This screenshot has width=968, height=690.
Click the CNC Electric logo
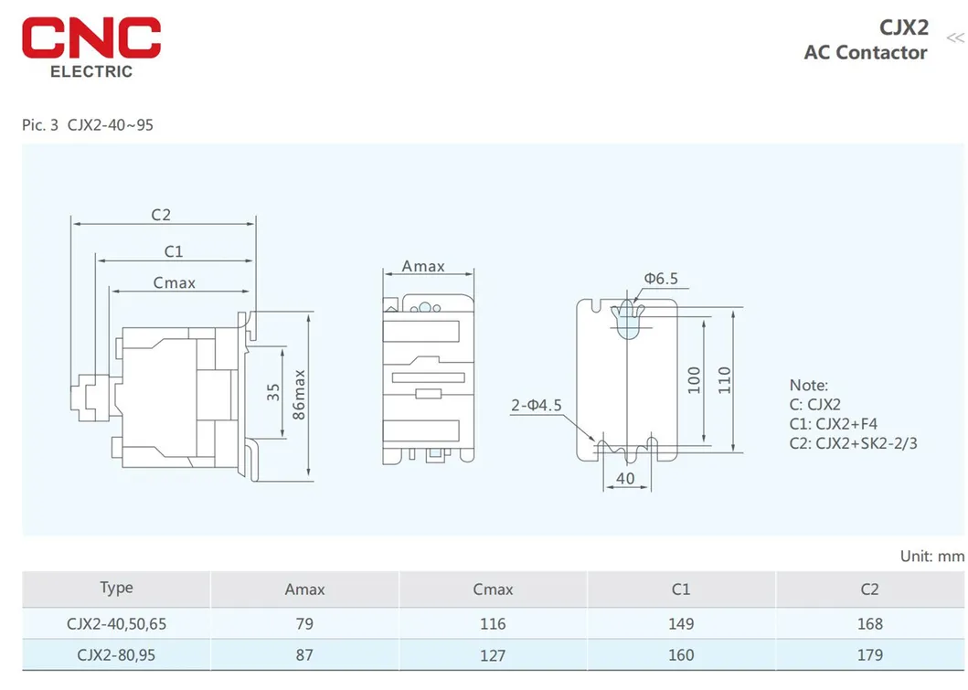(x=91, y=46)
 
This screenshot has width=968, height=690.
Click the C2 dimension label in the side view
(x=161, y=216)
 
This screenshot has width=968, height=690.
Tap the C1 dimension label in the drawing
(x=173, y=251)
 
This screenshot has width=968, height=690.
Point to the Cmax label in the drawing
(x=174, y=283)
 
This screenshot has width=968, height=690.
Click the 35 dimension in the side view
(x=273, y=392)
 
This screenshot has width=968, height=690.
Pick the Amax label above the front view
(x=423, y=267)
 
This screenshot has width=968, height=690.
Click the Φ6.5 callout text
(x=661, y=279)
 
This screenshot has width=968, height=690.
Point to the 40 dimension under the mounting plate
(x=625, y=478)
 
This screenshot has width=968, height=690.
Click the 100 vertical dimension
(x=694, y=378)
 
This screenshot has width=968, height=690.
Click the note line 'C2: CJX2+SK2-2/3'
(x=853, y=443)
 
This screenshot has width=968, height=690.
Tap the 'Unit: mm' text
(x=931, y=556)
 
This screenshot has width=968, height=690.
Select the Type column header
(x=116, y=588)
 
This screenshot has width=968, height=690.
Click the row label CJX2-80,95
(x=116, y=654)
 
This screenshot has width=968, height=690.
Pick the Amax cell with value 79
(x=304, y=623)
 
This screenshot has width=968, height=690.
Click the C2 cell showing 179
(x=869, y=654)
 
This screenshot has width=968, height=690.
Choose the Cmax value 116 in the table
(x=493, y=623)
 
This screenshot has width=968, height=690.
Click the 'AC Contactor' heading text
(x=865, y=52)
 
